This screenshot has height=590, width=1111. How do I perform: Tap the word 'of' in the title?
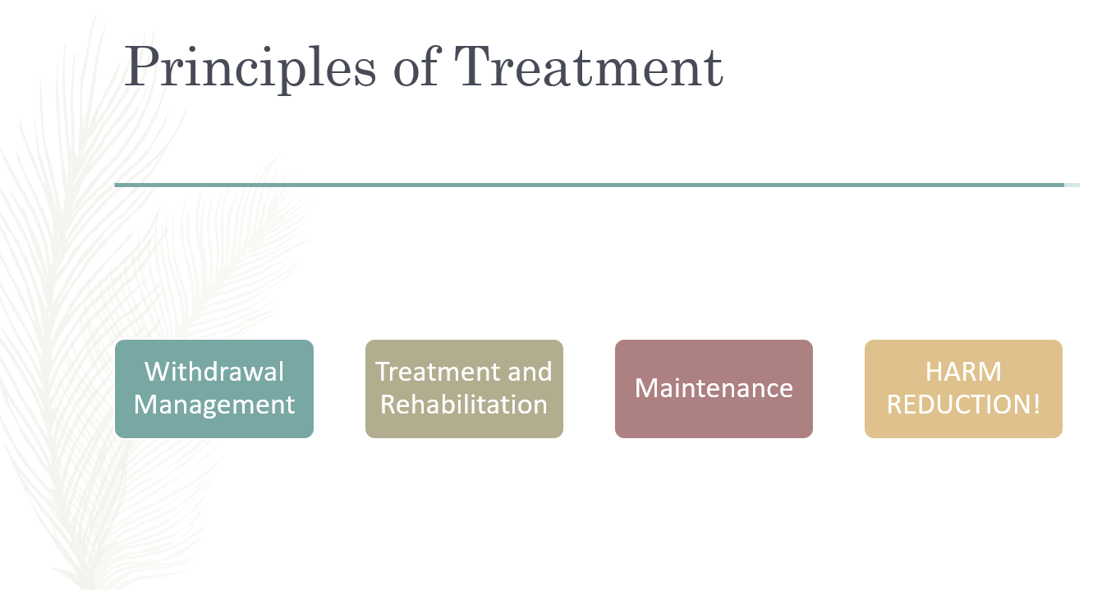416,66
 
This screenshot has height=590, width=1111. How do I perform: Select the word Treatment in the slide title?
589,66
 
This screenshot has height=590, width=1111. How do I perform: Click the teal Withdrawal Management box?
214,389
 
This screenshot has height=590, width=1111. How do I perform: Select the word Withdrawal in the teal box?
214,372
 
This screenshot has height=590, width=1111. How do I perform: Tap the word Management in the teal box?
214,405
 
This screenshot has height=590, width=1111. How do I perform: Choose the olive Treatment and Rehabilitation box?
464,389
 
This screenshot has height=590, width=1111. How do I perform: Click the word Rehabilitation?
464,404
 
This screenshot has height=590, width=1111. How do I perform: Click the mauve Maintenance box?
714,389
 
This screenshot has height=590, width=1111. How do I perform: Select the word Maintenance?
714,387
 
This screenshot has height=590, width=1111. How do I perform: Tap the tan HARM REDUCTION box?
963,389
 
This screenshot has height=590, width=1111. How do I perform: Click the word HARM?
963,372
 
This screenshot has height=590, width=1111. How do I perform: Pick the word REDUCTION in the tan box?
959,405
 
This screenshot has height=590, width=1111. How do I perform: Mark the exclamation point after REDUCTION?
1036,405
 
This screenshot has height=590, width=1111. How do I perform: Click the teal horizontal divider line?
590,185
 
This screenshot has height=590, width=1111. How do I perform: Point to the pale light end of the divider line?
1072,185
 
